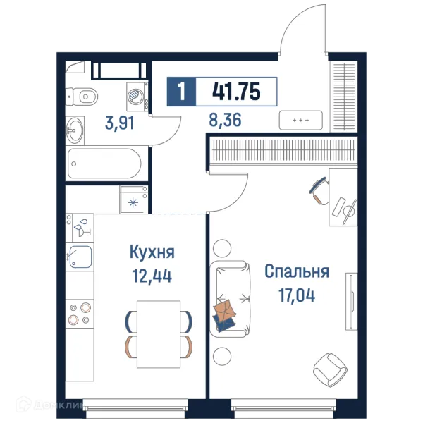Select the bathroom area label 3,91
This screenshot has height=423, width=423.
tap(120, 123)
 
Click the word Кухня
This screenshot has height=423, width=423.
tap(152, 252)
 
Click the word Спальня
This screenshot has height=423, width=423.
tap(297, 271)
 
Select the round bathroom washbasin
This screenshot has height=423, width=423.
tap(75, 129)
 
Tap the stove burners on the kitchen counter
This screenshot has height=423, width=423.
tap(79, 314)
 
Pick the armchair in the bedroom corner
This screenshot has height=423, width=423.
tap(330, 367)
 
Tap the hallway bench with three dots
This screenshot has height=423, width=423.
tap(301, 121)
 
